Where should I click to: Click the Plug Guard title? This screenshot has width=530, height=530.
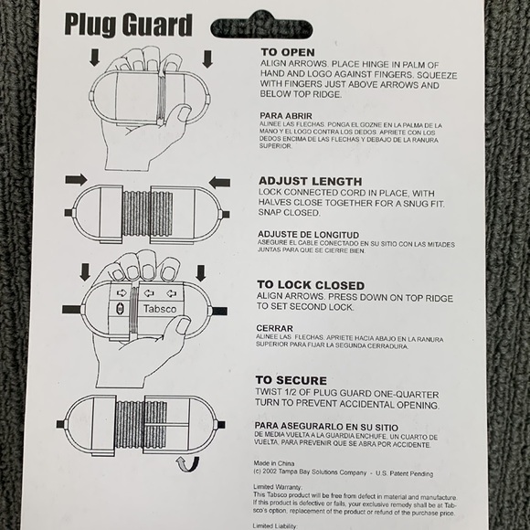(128, 25)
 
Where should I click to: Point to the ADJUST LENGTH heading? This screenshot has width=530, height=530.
(310, 181)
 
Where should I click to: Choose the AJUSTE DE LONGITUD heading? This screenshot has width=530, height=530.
(307, 234)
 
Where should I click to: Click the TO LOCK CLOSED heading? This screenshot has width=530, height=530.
(311, 285)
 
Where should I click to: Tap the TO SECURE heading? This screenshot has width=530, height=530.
(291, 380)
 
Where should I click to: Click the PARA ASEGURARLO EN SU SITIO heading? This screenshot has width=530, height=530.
(323, 426)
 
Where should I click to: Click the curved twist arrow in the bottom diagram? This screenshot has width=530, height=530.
(188, 463)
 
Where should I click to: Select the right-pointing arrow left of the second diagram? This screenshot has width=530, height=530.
(76, 179)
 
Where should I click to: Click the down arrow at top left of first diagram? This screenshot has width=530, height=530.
(95, 58)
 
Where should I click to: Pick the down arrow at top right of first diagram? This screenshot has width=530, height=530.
(207, 58)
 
